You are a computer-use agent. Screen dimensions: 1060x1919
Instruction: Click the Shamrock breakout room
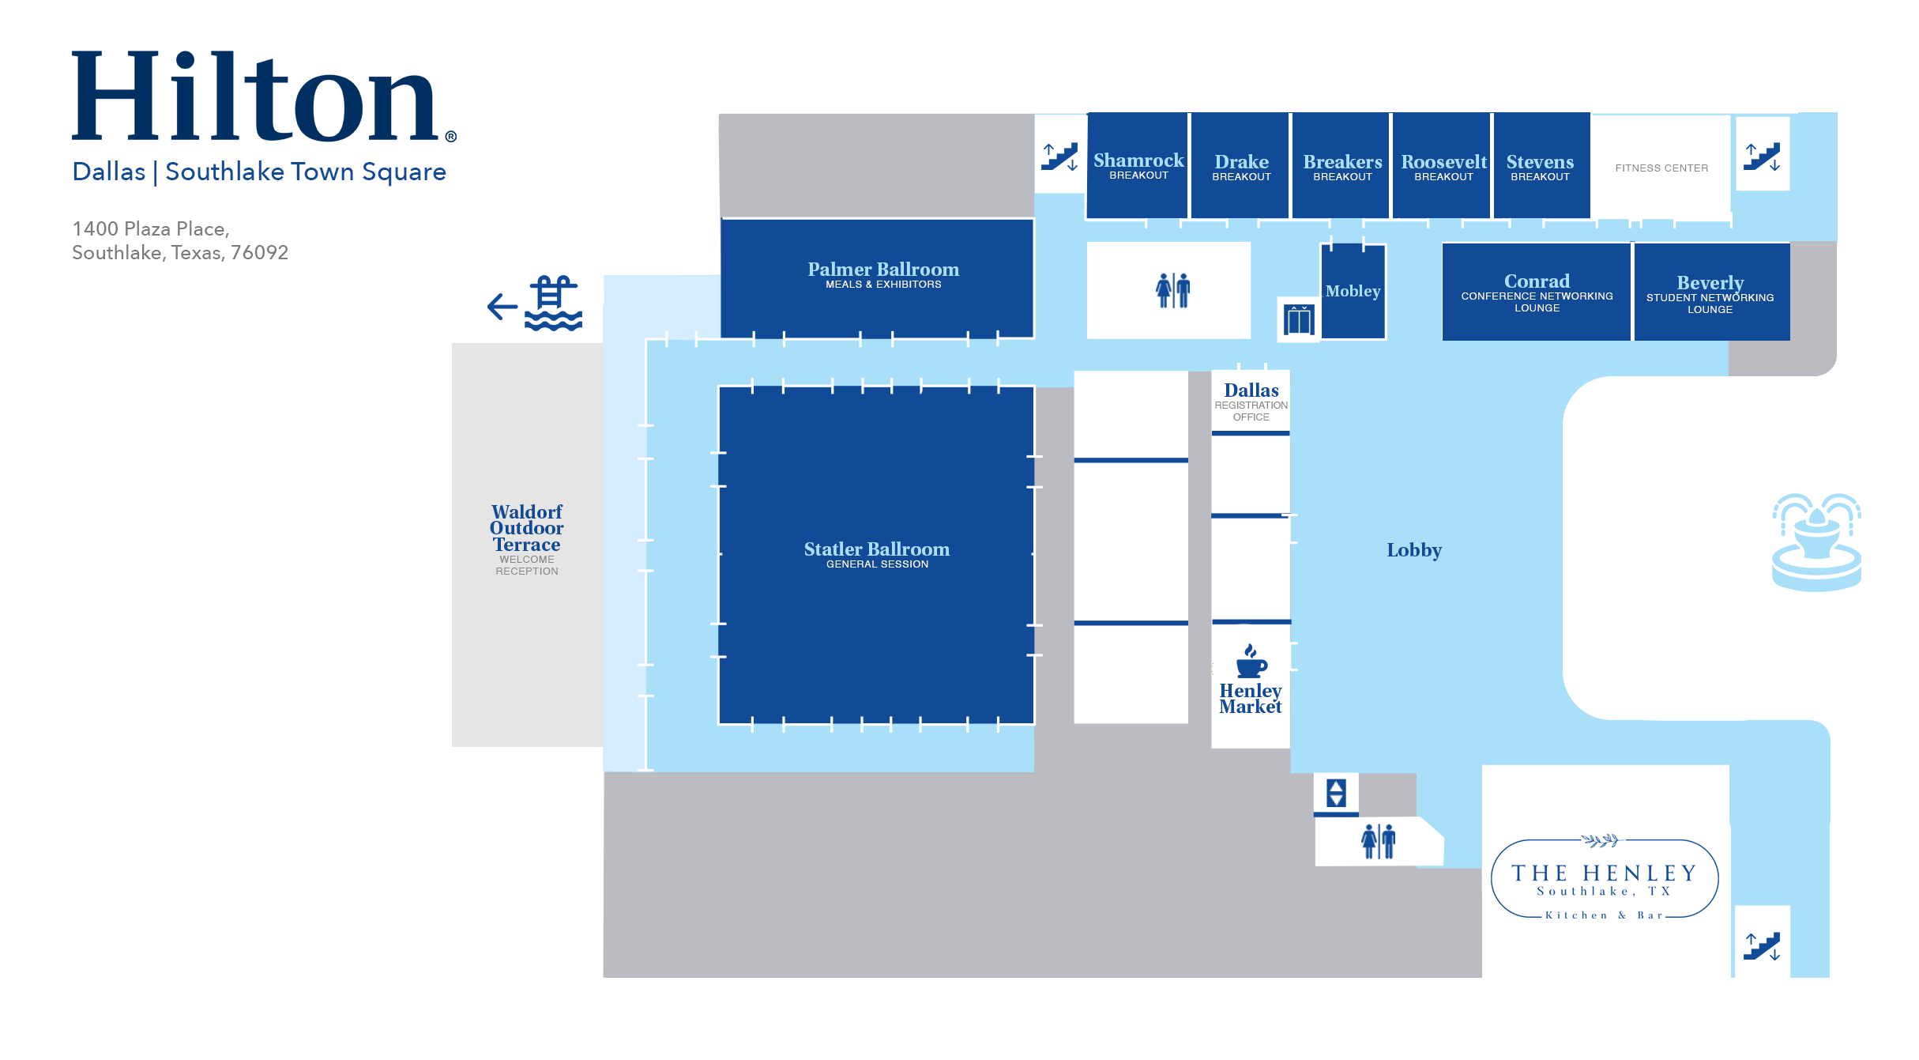click(1138, 166)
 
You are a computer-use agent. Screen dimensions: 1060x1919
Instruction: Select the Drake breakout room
click(1241, 167)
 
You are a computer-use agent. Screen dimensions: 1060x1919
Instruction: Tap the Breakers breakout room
click(1342, 167)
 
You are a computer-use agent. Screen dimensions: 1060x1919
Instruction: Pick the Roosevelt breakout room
click(1443, 167)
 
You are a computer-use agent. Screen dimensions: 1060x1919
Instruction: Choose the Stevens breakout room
click(1540, 167)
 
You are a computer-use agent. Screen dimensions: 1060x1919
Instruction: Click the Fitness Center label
click(1661, 168)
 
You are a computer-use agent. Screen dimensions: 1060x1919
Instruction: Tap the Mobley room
click(1353, 292)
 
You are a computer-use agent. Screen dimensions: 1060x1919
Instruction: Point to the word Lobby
click(1414, 550)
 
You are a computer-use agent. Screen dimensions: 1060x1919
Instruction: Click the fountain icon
click(1816, 541)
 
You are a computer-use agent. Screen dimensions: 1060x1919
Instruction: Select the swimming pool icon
click(553, 304)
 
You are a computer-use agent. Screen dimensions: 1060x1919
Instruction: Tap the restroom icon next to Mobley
click(1172, 290)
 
